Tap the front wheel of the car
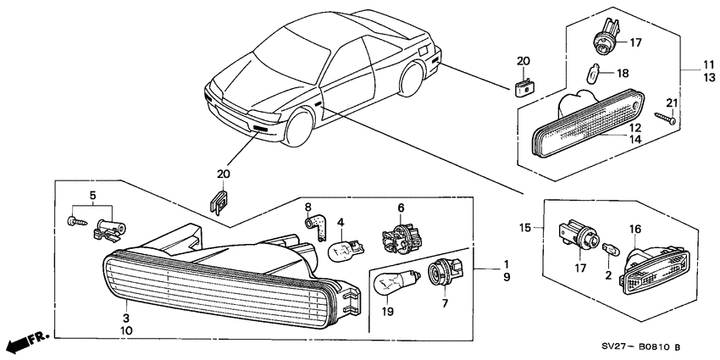click(x=302, y=128)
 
